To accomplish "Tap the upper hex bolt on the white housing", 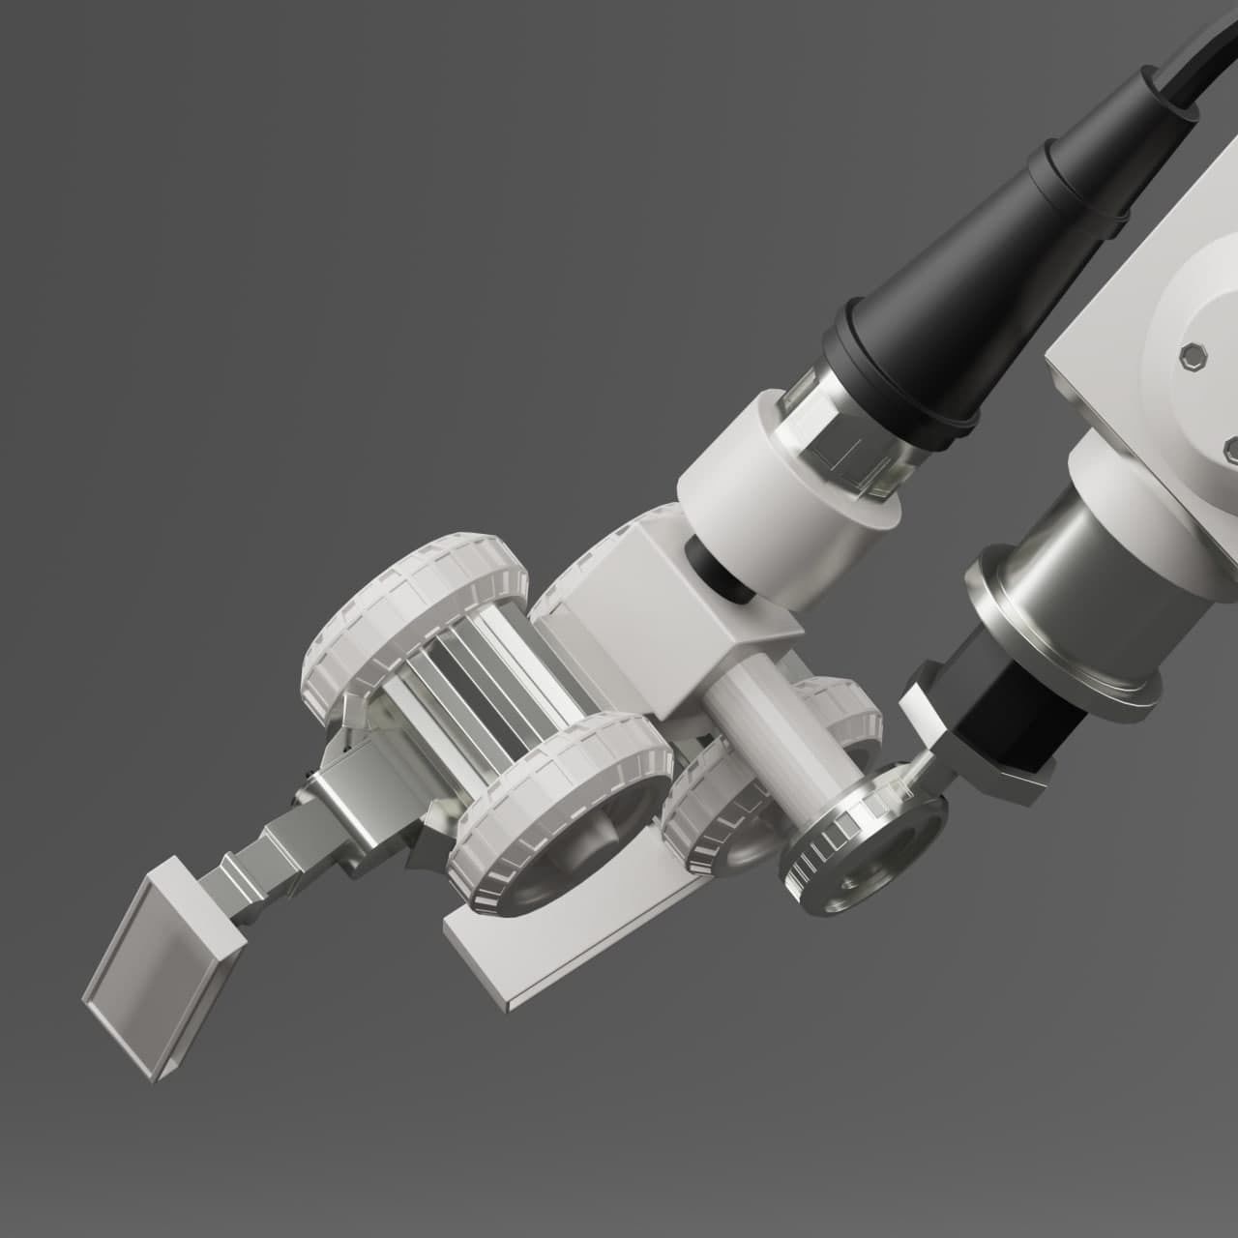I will point(1194,355).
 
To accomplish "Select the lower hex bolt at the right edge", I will point(1231,447).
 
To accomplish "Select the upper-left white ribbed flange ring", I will point(416,619).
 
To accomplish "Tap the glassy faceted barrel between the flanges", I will point(474,696).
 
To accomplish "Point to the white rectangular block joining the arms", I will point(667,619).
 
